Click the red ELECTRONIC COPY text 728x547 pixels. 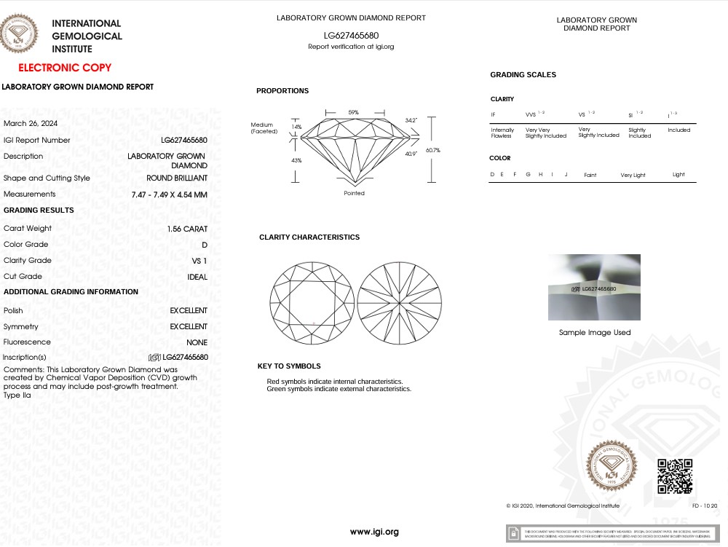click(65, 68)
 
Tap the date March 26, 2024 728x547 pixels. click(31, 123)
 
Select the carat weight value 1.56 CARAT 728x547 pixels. click(187, 229)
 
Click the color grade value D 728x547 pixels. click(205, 245)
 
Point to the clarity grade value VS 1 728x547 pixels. click(199, 261)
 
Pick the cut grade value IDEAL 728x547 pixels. click(197, 277)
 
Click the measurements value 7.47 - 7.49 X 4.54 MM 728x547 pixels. click(170, 194)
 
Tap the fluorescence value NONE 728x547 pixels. click(197, 342)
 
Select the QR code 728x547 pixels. click(675, 477)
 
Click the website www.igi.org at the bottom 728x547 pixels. click(374, 532)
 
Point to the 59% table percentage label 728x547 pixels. click(354, 112)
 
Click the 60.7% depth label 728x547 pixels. click(433, 150)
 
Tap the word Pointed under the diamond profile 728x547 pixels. click(355, 193)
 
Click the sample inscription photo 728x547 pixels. click(594, 287)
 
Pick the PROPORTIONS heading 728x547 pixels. click(282, 91)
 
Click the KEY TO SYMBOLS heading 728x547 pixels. click(289, 366)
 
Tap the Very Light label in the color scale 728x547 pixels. click(633, 176)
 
